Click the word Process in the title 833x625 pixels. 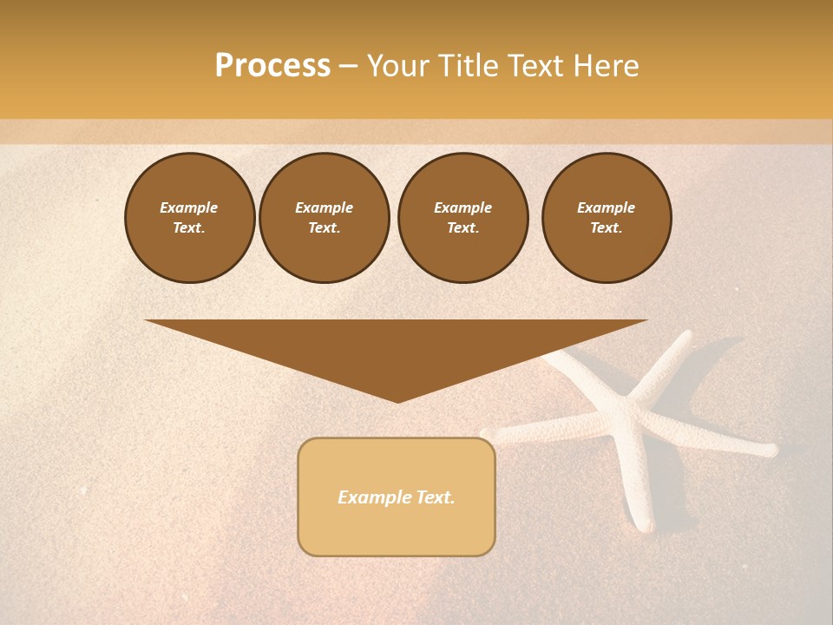tap(272, 66)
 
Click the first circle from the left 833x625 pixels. tap(189, 218)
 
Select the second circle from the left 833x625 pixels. tap(325, 218)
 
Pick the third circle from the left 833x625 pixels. tap(462, 218)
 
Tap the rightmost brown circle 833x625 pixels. tap(607, 218)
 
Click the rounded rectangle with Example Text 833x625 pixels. tap(397, 497)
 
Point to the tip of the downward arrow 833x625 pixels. tap(397, 401)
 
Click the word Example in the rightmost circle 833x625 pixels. tap(607, 207)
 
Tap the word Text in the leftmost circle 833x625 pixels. tap(189, 228)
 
